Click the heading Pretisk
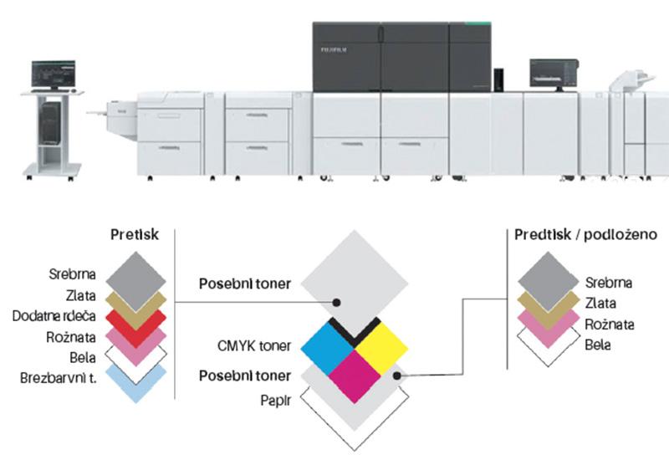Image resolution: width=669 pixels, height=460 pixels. (x=134, y=236)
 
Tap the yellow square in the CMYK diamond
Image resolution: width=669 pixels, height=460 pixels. (x=380, y=345)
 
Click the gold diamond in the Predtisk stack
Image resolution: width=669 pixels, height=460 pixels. (x=548, y=303)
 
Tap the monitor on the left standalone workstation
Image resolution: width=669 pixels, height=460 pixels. (x=54, y=74)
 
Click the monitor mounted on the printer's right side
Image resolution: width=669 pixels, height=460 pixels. (x=554, y=73)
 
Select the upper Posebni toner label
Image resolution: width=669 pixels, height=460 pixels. (x=244, y=283)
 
